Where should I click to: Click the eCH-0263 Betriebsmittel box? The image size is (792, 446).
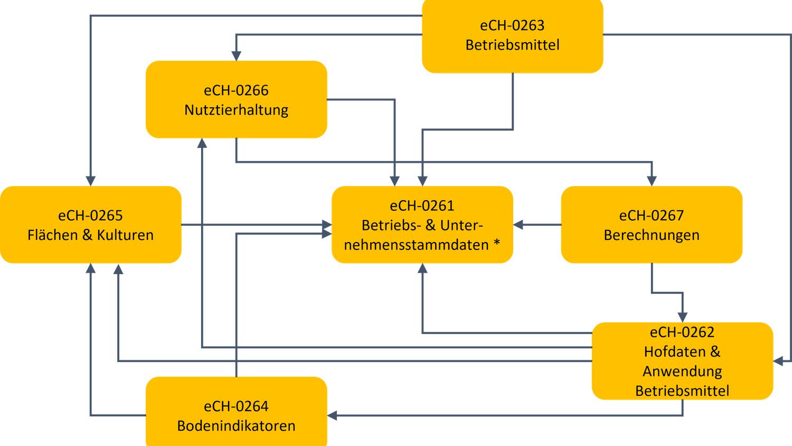coord(512,58)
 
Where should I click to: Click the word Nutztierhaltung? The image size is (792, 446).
coord(236,110)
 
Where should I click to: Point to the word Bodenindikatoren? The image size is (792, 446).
coord(236,426)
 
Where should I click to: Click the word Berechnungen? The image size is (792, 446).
coord(651,235)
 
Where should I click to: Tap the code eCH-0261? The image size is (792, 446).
coord(422,206)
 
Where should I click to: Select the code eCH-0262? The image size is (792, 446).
coord(682,332)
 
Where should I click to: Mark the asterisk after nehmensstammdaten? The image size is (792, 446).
coord(497,245)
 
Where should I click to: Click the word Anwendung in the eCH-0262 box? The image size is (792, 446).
coord(682,371)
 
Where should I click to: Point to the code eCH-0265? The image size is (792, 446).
coord(90,216)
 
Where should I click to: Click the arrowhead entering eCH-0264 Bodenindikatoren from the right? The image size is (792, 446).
coord(333,416)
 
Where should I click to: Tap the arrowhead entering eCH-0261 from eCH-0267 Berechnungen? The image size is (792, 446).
coord(519,225)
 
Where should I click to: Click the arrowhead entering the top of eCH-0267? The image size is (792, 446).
coord(652,180)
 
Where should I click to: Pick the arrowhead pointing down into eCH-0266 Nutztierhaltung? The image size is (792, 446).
coord(236,55)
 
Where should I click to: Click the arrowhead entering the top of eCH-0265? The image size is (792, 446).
coord(91,180)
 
